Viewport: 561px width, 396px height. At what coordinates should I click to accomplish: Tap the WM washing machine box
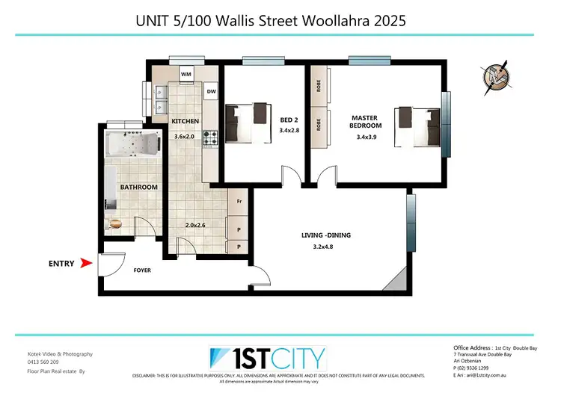tap(187, 75)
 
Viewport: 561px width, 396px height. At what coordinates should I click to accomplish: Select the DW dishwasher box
tap(212, 92)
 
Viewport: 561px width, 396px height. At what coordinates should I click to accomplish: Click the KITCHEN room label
tap(185, 121)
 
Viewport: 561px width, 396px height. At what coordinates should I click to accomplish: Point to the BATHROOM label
tap(138, 187)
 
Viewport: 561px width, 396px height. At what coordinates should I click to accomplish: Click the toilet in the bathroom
tap(116, 223)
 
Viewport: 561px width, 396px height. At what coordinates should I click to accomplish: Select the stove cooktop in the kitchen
tap(211, 138)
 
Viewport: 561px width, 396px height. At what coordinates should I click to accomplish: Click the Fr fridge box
tap(239, 202)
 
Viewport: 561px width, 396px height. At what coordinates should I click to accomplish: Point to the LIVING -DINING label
tap(325, 235)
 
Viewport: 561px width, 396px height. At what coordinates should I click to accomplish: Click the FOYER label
tap(143, 270)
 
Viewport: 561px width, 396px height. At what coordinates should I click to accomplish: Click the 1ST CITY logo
tap(269, 356)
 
